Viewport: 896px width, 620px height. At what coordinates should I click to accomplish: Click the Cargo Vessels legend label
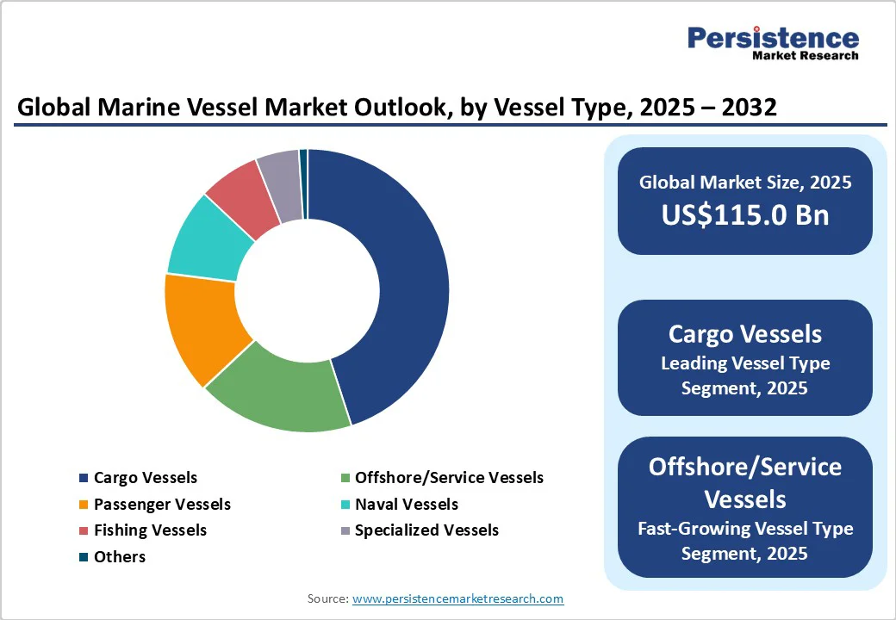(x=145, y=478)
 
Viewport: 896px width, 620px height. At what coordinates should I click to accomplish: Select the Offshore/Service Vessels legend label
(x=449, y=478)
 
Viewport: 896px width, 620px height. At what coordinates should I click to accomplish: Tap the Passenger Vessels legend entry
(x=162, y=505)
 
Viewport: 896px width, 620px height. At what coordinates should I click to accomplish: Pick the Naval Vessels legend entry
(x=406, y=505)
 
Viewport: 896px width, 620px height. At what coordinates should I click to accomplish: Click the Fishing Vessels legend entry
(x=150, y=530)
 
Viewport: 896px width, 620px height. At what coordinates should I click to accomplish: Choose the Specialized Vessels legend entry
(x=426, y=530)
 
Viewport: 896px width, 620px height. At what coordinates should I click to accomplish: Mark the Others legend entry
(x=119, y=557)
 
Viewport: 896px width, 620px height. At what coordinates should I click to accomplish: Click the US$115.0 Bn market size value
(x=745, y=214)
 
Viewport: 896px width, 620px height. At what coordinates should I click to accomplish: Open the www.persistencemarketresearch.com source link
(x=457, y=598)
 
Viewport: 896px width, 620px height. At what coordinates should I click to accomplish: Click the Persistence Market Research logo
(x=773, y=42)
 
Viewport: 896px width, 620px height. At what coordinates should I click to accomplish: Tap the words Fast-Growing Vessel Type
(x=744, y=528)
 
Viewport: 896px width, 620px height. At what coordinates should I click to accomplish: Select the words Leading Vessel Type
(x=744, y=363)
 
